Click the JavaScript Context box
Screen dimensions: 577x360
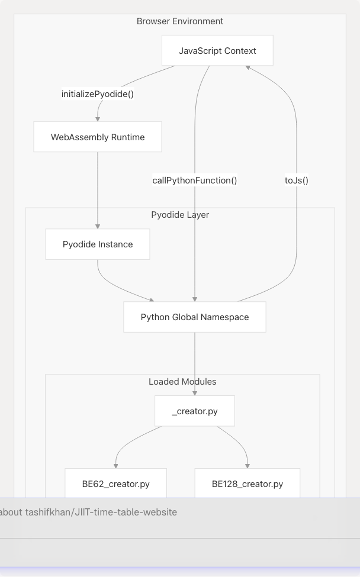[x=217, y=51]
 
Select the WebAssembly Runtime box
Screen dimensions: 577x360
[x=98, y=137]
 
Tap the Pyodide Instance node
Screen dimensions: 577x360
[x=98, y=244]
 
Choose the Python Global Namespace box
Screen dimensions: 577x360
[x=195, y=317]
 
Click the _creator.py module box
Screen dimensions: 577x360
[x=195, y=411]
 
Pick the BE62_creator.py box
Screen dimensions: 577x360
[x=115, y=484]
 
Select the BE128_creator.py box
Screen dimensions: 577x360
[x=247, y=484]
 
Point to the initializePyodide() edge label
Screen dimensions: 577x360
[x=97, y=94]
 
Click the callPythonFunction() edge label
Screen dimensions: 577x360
[x=195, y=180]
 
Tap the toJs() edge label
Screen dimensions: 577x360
[x=297, y=180]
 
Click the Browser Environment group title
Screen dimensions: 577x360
[x=180, y=21]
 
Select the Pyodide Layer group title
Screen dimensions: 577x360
[x=180, y=215]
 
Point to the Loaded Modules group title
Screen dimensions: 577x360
[x=182, y=382]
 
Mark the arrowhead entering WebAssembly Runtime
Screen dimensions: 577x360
[x=98, y=118]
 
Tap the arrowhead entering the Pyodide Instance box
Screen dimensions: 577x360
[x=98, y=226]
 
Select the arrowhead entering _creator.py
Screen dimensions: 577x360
[x=195, y=392]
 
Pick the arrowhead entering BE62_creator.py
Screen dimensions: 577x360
[x=115, y=465]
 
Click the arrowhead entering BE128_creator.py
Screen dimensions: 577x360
[x=247, y=465]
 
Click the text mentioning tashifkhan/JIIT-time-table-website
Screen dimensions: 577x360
[x=89, y=512]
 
